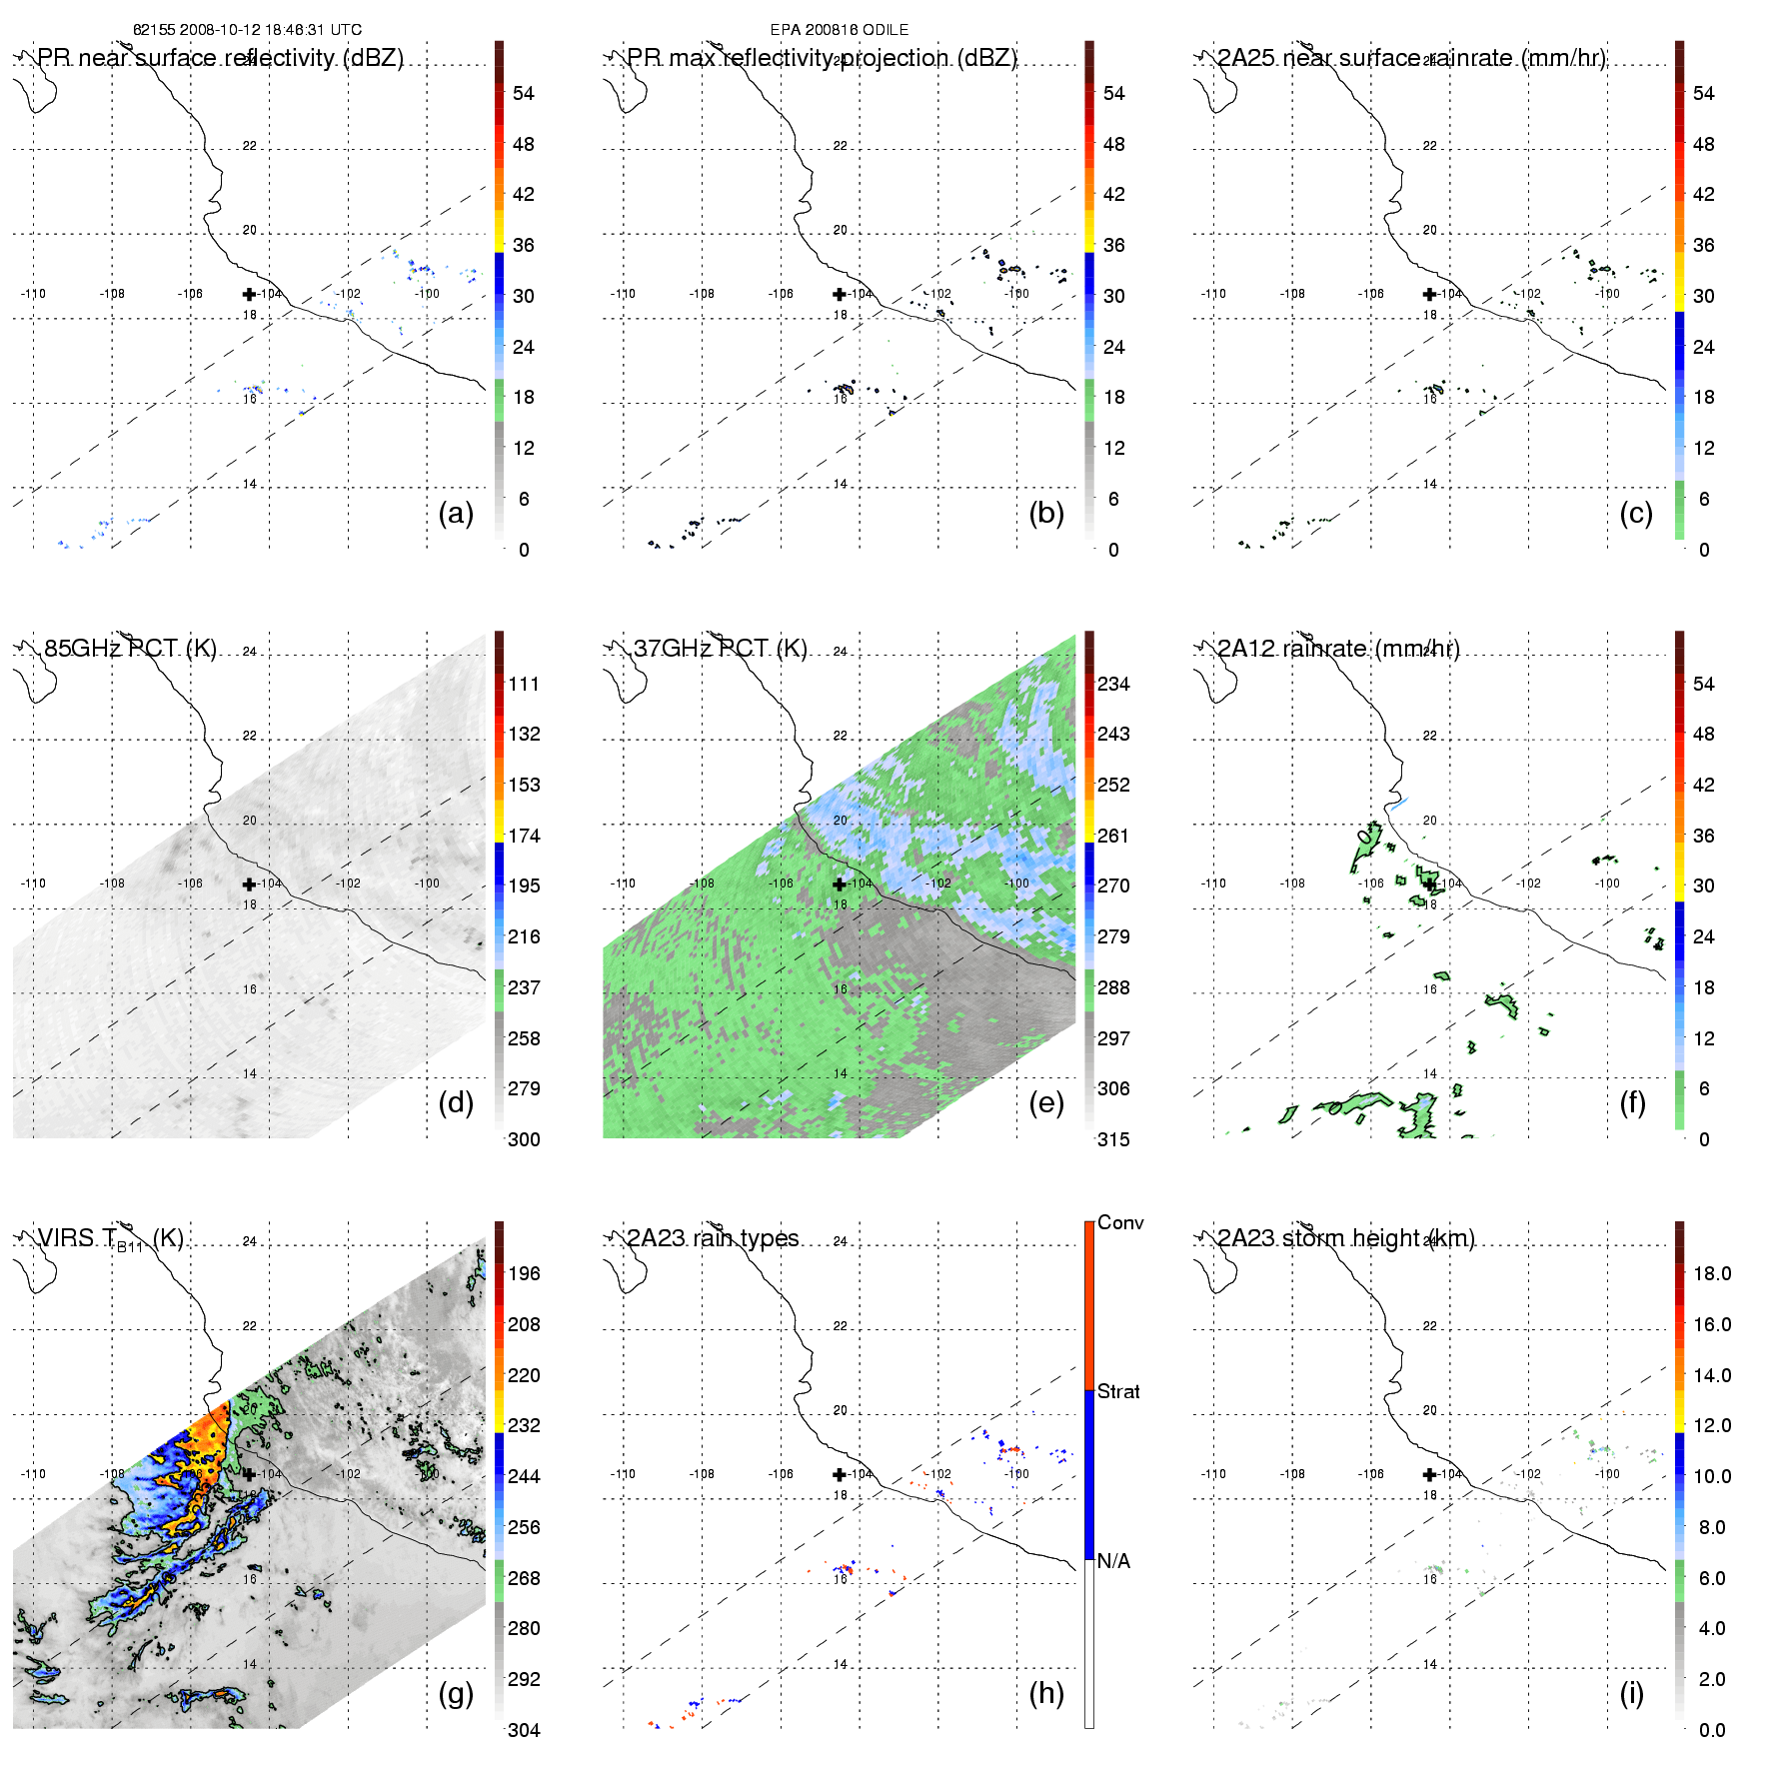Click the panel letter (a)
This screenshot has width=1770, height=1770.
[456, 513]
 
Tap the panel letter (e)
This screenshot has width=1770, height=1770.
[1045, 1102]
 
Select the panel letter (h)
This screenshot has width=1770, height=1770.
[1045, 1693]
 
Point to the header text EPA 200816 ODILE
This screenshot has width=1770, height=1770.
[840, 30]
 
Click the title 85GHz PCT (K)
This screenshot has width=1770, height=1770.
[130, 648]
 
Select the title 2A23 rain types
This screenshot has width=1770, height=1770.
[713, 1238]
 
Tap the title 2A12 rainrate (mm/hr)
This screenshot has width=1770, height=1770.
[1338, 648]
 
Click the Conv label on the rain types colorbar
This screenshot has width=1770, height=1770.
[1120, 1222]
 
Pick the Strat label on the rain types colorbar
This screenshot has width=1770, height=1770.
[1118, 1391]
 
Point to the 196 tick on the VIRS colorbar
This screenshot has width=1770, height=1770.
[524, 1273]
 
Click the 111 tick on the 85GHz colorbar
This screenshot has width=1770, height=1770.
[524, 684]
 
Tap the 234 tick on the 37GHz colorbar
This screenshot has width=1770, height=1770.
[1113, 684]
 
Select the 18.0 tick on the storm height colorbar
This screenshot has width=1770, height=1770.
[1712, 1273]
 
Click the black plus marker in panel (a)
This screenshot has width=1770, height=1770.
[249, 294]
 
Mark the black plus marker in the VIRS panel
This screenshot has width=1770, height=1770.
[249, 1473]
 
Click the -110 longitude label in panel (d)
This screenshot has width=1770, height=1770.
[33, 884]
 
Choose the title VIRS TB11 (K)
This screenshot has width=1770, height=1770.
[110, 1239]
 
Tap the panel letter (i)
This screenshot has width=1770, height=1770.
[1631, 1693]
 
